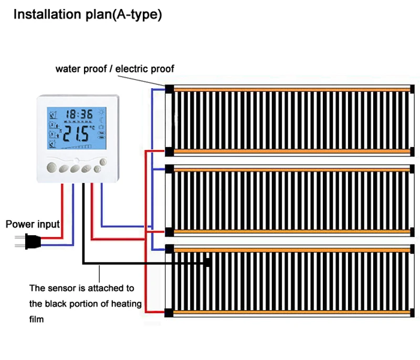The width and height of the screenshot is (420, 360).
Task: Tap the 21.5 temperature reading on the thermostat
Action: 77,135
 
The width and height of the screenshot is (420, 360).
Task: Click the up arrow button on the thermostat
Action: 103,162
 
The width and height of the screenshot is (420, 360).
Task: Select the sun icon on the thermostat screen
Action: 101,112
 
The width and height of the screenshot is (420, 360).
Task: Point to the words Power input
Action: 33,225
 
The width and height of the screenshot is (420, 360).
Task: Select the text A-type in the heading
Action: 141,15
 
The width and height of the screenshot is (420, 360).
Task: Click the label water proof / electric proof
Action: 115,69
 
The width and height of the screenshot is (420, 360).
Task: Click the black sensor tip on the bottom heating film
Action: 208,262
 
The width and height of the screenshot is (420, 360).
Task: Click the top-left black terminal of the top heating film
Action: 169,88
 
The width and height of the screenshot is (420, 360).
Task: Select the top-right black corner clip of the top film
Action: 412,88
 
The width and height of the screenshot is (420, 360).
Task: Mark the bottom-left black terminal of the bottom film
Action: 169,313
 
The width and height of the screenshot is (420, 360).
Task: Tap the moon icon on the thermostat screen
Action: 101,120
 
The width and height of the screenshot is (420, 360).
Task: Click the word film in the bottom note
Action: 37,319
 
